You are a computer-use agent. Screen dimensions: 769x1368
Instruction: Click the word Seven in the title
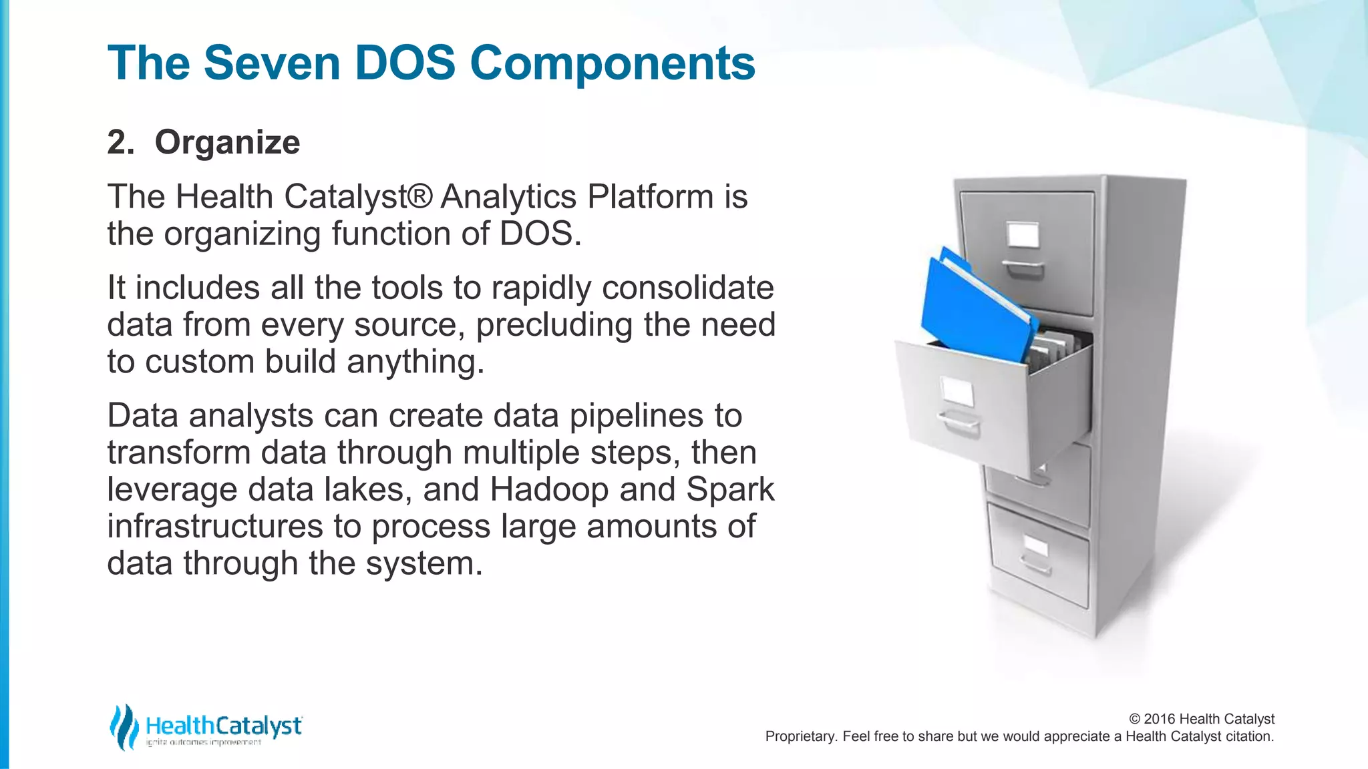tap(271, 63)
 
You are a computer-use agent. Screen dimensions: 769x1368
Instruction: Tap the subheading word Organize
tap(227, 142)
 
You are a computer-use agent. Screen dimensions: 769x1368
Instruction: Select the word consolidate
tap(687, 288)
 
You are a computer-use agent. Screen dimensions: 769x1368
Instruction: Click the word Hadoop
tap(549, 489)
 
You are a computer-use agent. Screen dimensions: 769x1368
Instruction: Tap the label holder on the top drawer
tap(1023, 235)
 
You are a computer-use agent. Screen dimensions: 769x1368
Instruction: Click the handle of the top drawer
tap(1023, 268)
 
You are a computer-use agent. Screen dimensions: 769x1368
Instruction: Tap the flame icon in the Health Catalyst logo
tap(124, 726)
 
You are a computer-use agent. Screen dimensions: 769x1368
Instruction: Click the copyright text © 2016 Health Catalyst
tap(1201, 719)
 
